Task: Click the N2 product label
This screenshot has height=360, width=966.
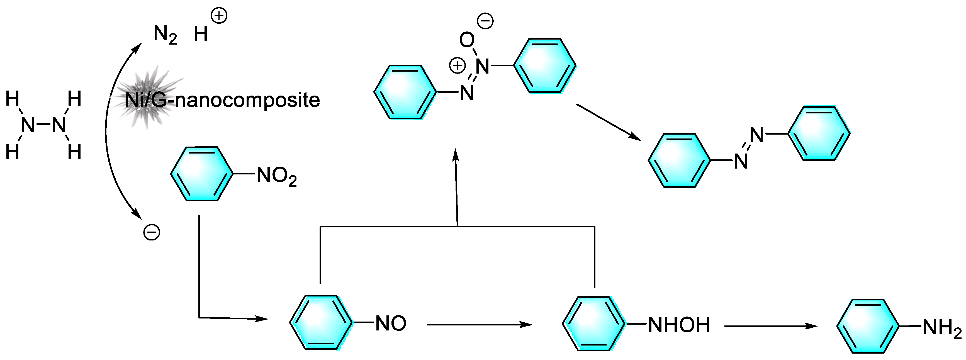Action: (x=165, y=35)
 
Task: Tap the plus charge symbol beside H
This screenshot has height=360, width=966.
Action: (x=219, y=16)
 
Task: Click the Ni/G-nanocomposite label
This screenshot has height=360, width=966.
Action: (x=222, y=100)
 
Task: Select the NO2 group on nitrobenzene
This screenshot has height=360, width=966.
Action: (x=277, y=176)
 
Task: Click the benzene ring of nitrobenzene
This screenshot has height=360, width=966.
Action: (x=202, y=174)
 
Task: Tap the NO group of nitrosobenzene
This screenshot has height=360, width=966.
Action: (x=391, y=323)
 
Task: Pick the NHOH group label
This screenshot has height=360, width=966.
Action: (x=679, y=325)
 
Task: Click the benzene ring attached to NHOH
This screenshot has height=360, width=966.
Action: (x=594, y=323)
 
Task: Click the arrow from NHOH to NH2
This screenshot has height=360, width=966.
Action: (x=771, y=326)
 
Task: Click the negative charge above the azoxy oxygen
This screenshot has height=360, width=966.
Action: (x=485, y=21)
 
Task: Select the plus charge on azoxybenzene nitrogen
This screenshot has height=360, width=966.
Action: (x=457, y=66)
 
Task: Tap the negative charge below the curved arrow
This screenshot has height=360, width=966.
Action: (x=152, y=232)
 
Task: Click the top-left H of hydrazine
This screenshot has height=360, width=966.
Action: (x=12, y=99)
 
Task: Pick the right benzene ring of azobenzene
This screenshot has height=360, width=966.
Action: (x=819, y=133)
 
